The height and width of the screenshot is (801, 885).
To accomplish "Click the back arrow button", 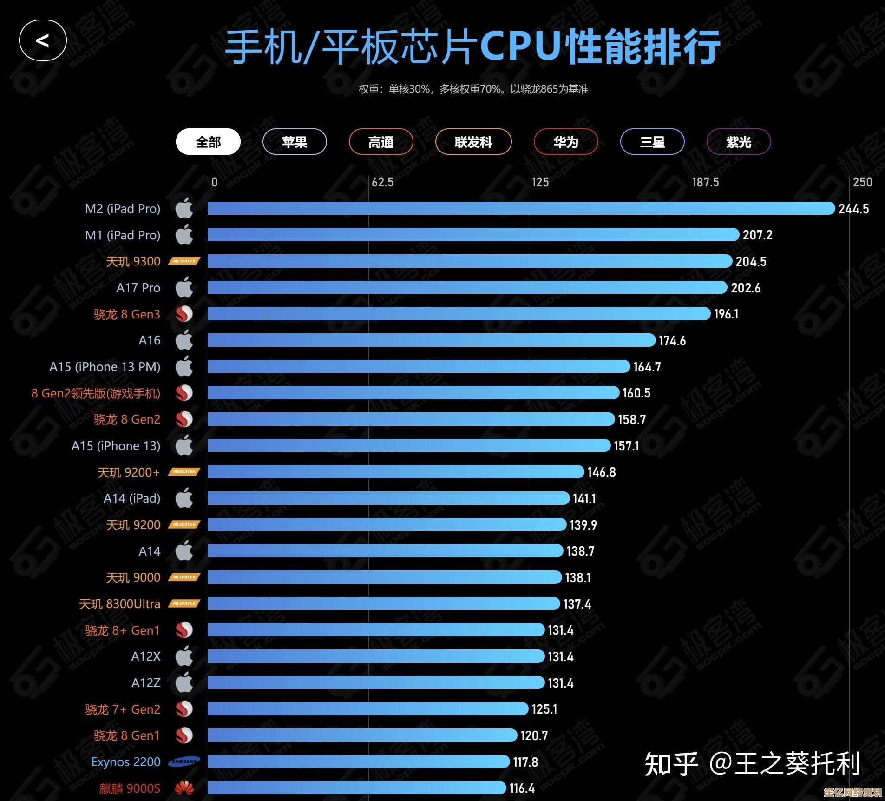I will (43, 40).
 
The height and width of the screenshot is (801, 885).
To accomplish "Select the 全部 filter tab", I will (208, 142).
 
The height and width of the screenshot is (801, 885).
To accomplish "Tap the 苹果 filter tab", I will (295, 142).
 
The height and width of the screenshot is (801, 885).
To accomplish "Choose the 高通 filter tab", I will (381, 142).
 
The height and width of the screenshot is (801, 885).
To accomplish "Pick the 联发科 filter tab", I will (473, 142).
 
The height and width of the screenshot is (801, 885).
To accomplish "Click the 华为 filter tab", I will (566, 142).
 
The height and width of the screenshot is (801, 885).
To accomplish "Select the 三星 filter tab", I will (652, 142).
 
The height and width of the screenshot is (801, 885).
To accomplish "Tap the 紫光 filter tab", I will (739, 142).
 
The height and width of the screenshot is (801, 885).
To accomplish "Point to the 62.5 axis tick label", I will (382, 182).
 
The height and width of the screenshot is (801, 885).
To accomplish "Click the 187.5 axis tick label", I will (705, 182).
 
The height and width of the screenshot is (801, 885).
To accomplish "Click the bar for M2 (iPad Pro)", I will (520, 208).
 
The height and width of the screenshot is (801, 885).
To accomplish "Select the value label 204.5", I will (751, 261).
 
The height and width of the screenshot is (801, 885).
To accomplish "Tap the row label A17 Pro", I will (138, 288).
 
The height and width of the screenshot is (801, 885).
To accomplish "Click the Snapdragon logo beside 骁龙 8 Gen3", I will (184, 314).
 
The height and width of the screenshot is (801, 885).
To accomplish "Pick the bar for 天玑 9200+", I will (395, 472).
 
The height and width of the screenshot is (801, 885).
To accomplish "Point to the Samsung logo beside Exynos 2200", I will (184, 761).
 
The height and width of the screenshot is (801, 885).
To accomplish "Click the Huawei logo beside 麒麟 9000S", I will (184, 788).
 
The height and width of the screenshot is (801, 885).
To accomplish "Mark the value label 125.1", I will (544, 709).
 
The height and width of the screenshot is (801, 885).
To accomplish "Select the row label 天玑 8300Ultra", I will (119, 604).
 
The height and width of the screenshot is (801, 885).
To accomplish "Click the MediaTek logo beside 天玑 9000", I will (184, 577).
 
